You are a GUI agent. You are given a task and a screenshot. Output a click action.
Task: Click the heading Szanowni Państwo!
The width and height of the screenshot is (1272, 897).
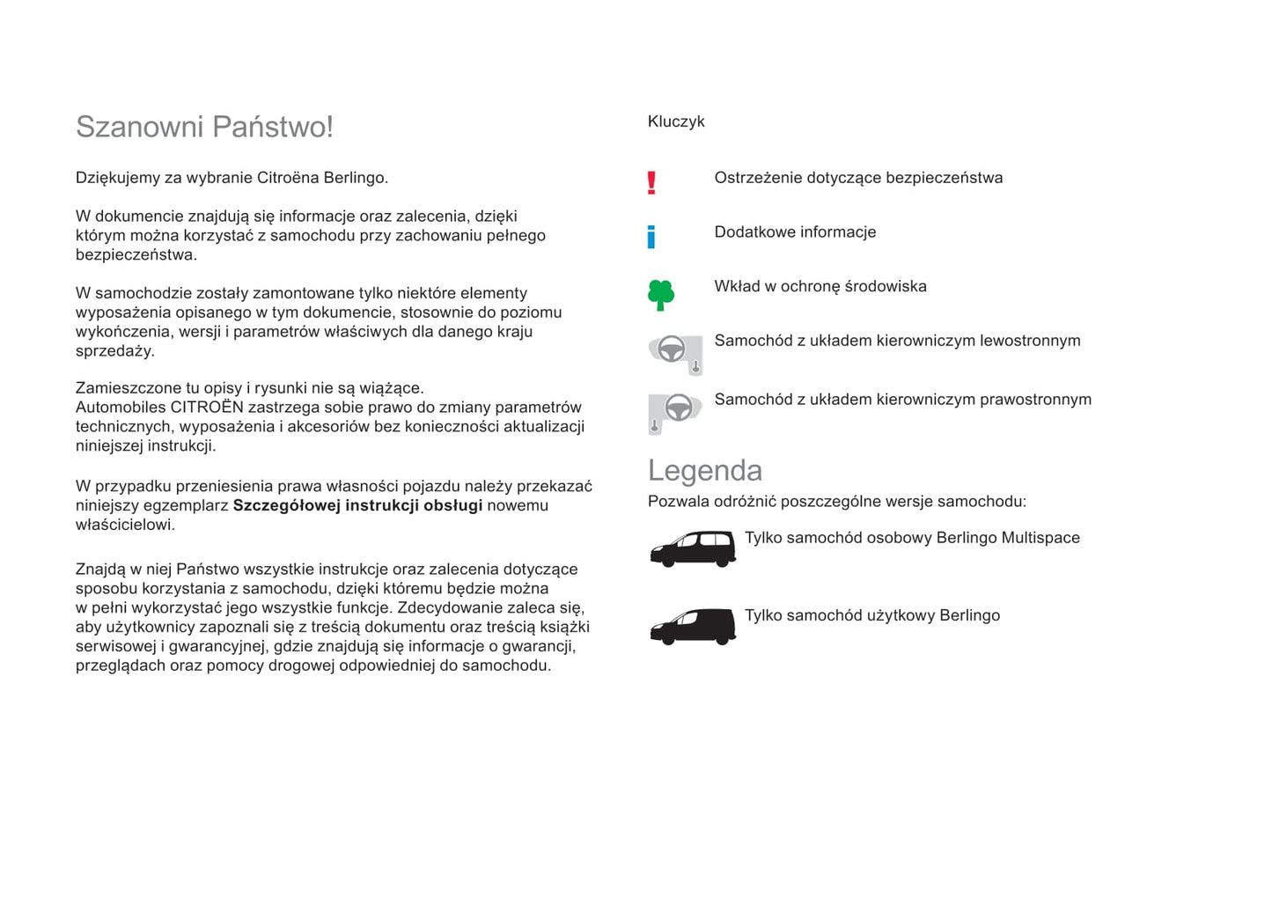(x=204, y=127)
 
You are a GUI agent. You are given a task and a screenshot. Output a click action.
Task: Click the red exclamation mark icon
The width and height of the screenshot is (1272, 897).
(x=651, y=182)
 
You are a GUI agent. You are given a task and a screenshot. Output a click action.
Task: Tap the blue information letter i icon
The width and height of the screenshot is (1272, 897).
(x=651, y=236)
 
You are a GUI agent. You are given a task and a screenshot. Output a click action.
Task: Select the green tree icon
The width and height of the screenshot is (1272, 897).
(x=660, y=295)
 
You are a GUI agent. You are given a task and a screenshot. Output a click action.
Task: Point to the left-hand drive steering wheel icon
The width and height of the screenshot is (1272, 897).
(x=675, y=353)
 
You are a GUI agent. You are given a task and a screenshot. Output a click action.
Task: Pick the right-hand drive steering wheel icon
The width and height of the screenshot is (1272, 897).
(x=675, y=411)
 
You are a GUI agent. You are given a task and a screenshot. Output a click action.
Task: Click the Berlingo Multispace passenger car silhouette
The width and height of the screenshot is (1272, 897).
(x=692, y=549)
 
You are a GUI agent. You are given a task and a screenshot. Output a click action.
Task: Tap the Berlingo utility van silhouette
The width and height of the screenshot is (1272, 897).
(x=692, y=626)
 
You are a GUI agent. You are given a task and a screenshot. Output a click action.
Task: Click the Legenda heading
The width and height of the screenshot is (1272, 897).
(x=704, y=470)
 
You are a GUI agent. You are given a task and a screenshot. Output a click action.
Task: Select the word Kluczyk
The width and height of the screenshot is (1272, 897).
(x=676, y=121)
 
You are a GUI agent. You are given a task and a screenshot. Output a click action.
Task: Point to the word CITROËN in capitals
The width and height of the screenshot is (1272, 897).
(x=207, y=407)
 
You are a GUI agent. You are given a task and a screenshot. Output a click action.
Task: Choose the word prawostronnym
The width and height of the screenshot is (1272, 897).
(x=1035, y=400)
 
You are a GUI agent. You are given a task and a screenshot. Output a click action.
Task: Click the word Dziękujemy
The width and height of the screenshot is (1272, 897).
(x=117, y=178)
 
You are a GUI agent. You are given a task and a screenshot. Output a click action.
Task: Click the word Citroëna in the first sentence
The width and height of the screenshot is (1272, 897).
(x=288, y=178)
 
